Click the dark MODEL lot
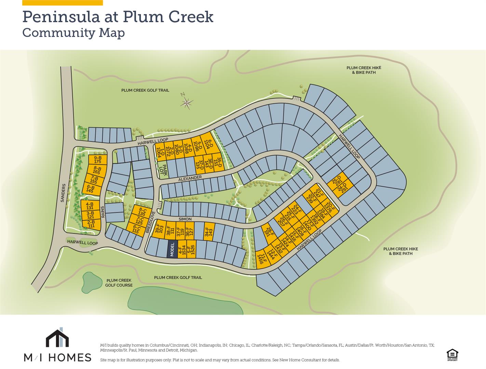(172, 249)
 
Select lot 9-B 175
(98, 160)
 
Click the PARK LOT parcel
(164, 170)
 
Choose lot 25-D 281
(337, 180)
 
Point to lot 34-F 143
(209, 232)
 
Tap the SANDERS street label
(63, 193)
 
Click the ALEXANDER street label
(190, 178)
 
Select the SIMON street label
(185, 219)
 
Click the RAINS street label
(103, 212)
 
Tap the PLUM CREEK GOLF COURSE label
(119, 283)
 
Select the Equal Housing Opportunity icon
(452, 355)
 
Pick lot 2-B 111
(91, 224)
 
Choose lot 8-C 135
(142, 212)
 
